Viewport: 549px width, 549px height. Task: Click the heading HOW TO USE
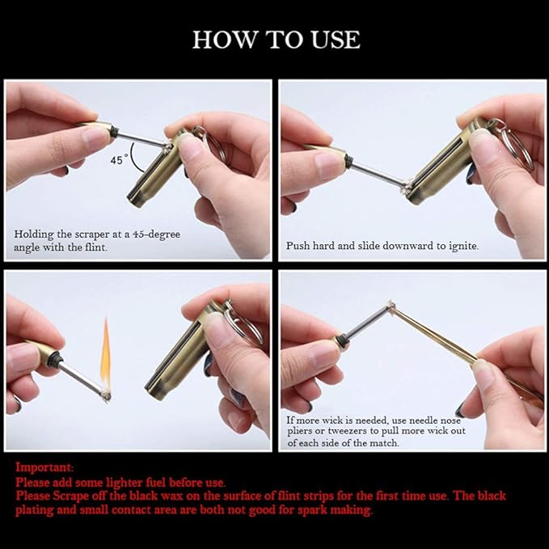pyautogui.click(x=276, y=40)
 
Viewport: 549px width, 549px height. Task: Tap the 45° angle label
pyautogui.click(x=120, y=160)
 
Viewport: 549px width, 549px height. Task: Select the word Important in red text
pyautogui.click(x=44, y=467)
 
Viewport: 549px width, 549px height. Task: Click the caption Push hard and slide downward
pyautogui.click(x=382, y=245)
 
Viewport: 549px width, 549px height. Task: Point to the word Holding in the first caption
pyautogui.click(x=34, y=234)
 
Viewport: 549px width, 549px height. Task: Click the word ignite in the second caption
pyautogui.click(x=461, y=245)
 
